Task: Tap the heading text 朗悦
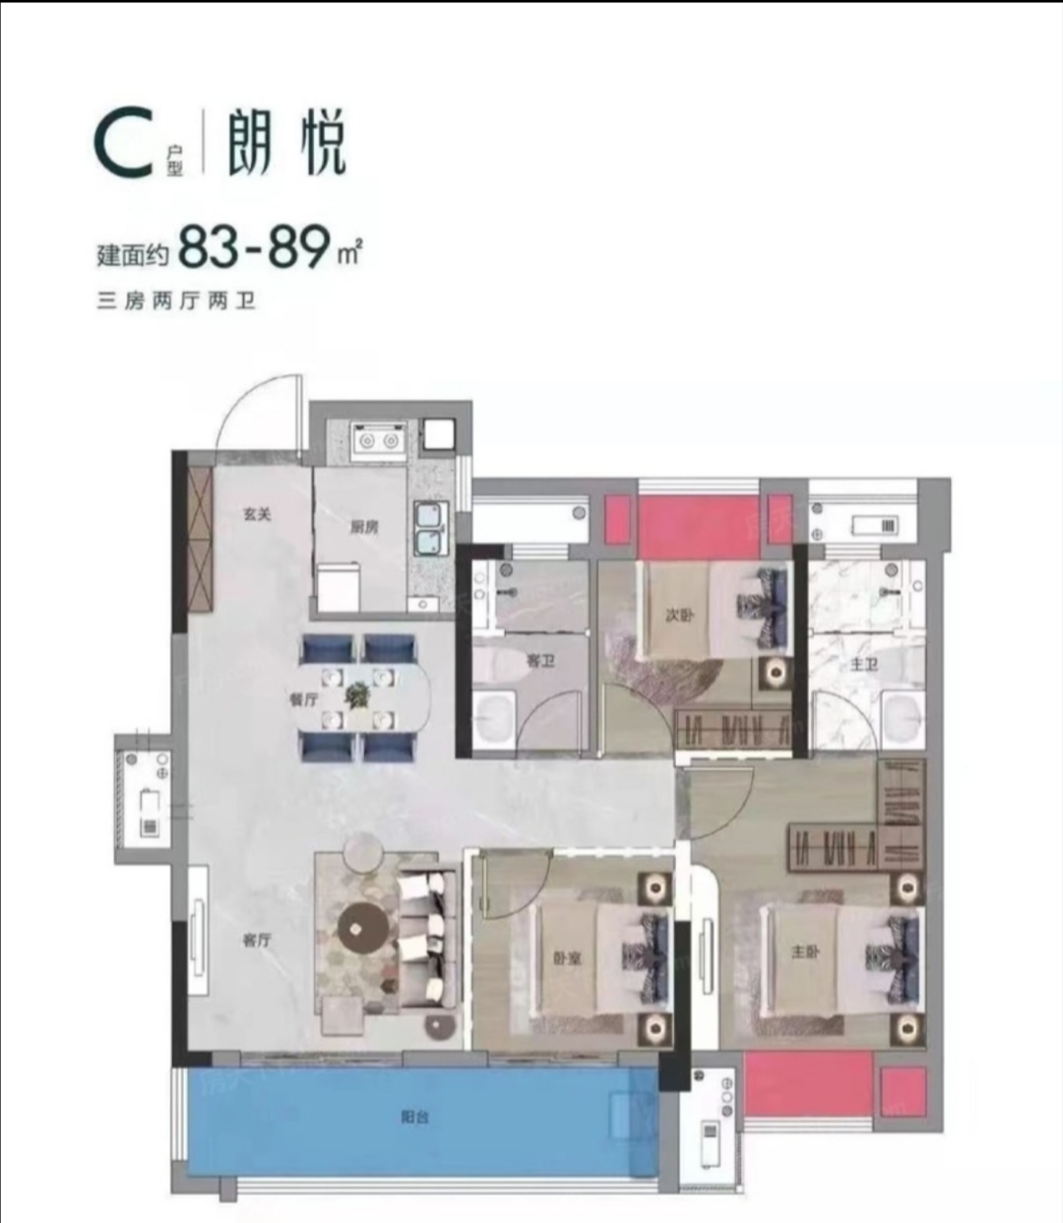point(286,144)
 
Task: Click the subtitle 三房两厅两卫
point(176,301)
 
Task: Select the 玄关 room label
point(257,514)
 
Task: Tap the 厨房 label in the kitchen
point(364,527)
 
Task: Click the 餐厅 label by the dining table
point(303,699)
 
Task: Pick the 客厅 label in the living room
point(257,940)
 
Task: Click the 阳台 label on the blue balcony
point(414,1117)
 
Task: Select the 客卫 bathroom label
point(540,661)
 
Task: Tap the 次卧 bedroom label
point(679,615)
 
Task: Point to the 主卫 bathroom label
point(863,665)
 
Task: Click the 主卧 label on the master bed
point(805,952)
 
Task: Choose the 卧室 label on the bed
point(568,957)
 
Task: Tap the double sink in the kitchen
point(430,528)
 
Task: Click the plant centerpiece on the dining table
point(356,696)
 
